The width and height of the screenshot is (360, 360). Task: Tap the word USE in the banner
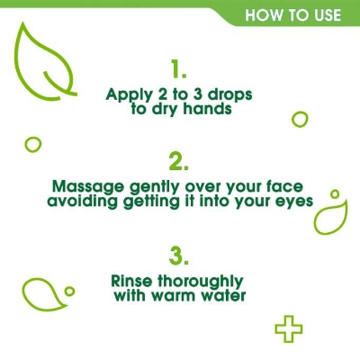323,15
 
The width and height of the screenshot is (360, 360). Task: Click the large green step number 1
178,69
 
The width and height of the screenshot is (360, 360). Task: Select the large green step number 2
178,161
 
